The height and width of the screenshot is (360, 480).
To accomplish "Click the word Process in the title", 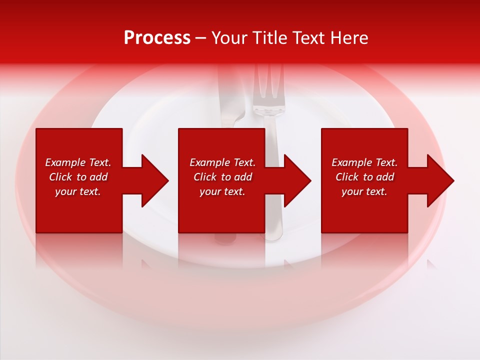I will [x=157, y=38].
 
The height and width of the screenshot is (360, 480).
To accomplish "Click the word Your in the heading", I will [x=230, y=38].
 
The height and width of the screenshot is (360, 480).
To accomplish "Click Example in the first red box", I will [x=65, y=162].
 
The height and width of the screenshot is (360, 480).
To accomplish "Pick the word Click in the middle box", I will [x=204, y=177].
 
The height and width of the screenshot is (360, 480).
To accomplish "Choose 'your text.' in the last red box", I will [x=364, y=191].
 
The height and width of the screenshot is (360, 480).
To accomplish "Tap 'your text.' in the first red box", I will [x=78, y=191].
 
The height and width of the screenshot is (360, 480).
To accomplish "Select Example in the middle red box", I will [x=210, y=162].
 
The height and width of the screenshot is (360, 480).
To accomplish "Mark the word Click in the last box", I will [x=346, y=177].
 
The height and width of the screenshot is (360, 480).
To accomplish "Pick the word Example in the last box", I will [x=352, y=162].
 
